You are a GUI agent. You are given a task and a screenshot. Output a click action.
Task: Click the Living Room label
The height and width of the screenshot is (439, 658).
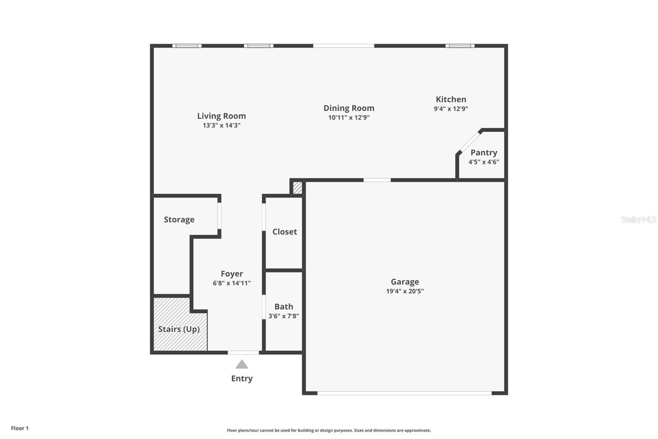coord(221,116)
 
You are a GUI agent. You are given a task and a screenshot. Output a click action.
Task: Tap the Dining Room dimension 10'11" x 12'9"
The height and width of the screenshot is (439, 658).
coord(349,118)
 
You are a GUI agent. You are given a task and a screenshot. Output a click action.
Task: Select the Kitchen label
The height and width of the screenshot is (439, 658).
coord(451,99)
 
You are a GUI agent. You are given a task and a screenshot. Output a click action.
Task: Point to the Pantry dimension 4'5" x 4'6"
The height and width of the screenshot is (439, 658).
coord(484,162)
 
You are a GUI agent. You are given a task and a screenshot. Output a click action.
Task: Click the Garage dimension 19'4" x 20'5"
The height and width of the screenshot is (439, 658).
coord(405,291)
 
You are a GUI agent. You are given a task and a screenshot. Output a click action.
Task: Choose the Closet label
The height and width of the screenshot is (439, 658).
coord(284,232)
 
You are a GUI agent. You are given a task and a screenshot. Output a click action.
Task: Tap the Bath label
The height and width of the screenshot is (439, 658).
coord(283,307)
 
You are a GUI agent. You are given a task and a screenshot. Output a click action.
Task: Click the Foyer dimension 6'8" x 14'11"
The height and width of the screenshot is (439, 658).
coord(232,283)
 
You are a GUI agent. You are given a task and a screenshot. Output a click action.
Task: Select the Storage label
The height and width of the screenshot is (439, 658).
coord(179,220)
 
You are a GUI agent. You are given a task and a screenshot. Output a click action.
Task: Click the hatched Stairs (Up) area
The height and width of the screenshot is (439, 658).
coord(180,329)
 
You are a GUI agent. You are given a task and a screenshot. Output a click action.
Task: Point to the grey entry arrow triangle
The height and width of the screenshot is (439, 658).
coord(242,364)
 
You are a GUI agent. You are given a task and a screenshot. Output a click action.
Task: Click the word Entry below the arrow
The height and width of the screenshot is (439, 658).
coord(242,378)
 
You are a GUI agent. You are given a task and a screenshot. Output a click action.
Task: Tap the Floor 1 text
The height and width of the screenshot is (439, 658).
coord(20,428)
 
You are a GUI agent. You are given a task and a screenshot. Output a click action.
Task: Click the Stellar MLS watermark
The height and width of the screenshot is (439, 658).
coord(638,219)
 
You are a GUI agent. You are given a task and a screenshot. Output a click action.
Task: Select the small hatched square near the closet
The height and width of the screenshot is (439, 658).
coord(297,188)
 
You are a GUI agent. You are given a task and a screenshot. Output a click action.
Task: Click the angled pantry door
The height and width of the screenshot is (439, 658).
coord(469,142)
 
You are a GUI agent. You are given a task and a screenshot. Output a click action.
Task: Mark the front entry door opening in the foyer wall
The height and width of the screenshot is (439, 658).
coord(243,353)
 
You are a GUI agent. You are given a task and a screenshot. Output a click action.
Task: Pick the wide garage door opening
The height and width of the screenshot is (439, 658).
coord(404,393)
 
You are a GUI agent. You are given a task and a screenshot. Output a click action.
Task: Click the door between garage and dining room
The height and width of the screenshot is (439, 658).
coord(377,180)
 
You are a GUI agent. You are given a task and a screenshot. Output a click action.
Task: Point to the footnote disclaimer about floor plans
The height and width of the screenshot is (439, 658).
coord(329,430)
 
